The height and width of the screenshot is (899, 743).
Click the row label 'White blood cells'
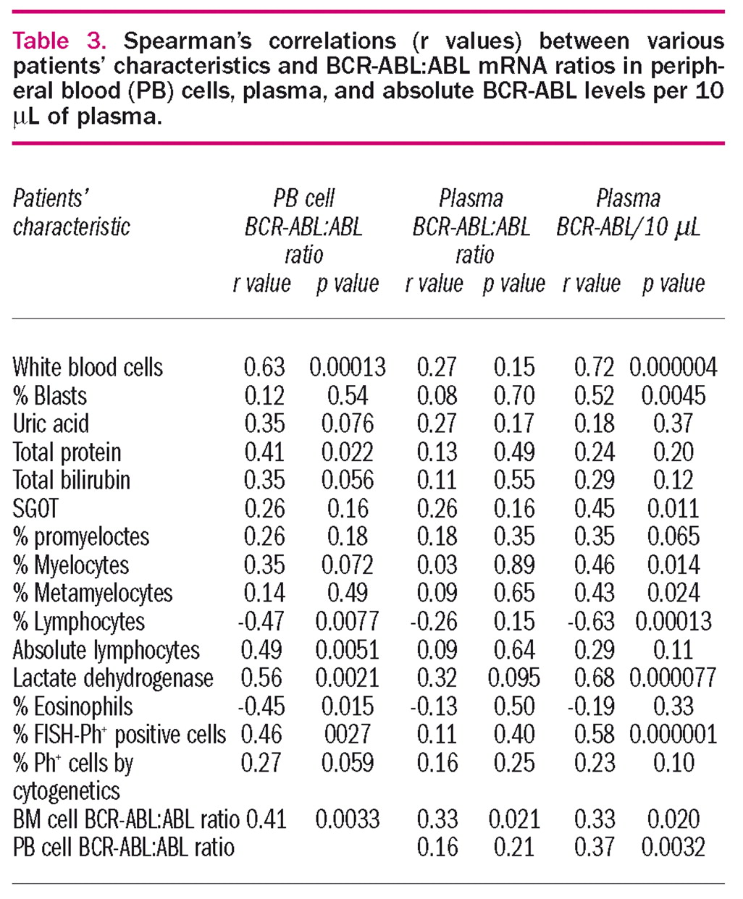coord(88,367)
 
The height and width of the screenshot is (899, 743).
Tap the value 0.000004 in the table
coord(673,367)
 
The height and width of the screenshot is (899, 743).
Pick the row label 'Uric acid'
coord(51,423)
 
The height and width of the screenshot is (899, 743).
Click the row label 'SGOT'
coord(35,508)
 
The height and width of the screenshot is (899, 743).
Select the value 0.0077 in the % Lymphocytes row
coord(347,621)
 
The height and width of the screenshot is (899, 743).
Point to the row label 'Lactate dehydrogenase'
coord(113,678)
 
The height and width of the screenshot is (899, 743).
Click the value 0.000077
coord(673,678)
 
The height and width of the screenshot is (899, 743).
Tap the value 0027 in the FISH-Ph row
coord(348,735)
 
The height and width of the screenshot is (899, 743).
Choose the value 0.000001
coord(673,735)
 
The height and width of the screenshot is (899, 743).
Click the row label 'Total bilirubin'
coord(72,480)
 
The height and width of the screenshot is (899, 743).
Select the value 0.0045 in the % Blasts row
coord(673,395)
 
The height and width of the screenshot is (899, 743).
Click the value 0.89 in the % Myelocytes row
coord(514,565)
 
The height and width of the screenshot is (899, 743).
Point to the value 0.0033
coord(347,819)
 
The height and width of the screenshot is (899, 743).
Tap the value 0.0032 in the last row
coord(673,848)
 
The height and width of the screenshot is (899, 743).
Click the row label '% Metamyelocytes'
coord(93,593)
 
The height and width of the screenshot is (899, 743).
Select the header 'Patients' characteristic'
coord(71,212)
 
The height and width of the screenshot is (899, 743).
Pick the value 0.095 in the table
coord(514,678)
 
